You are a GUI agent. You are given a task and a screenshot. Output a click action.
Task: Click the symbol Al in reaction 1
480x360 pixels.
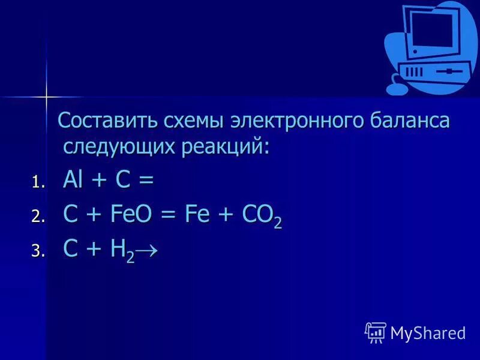(73, 180)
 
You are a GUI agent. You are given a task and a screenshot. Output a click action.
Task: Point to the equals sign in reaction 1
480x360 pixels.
(147, 181)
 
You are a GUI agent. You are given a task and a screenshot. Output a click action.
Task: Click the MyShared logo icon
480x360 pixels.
(375, 331)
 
